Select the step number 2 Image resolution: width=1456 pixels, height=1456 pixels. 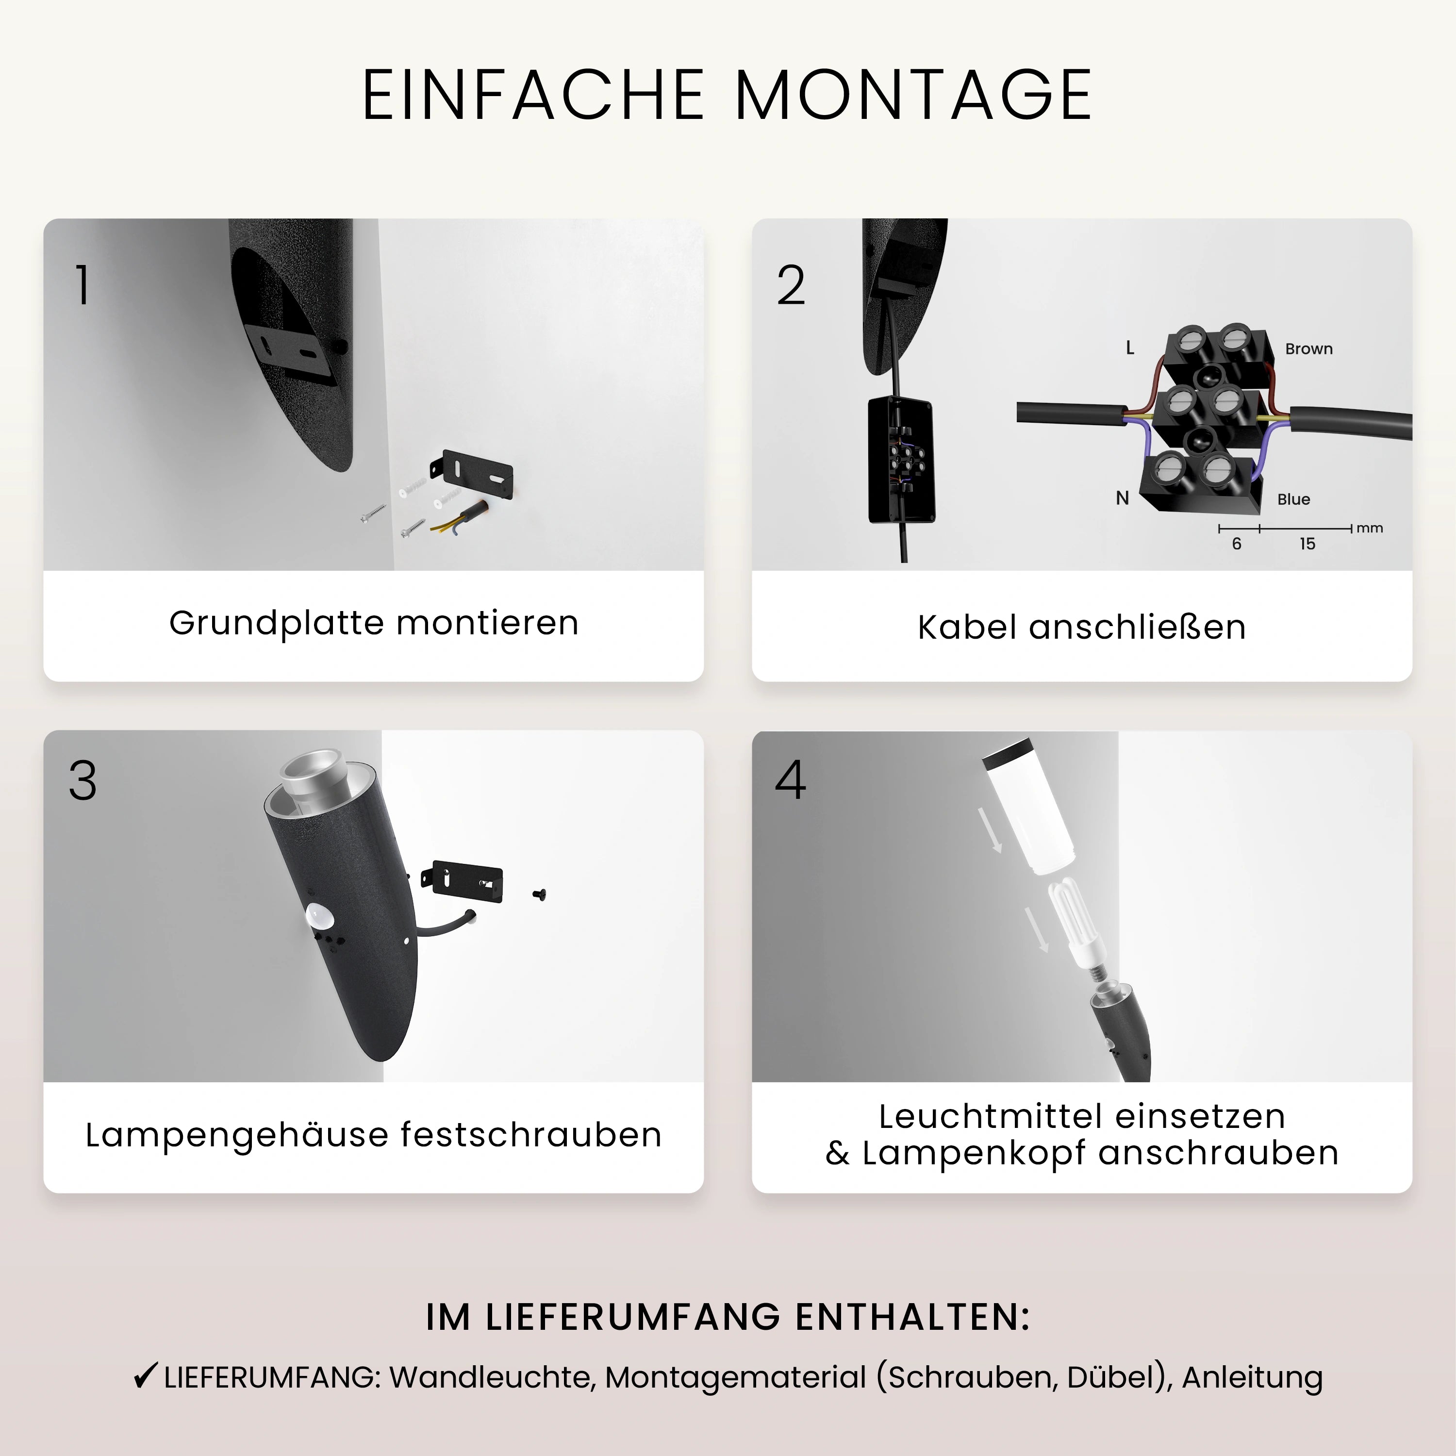pyautogui.click(x=791, y=286)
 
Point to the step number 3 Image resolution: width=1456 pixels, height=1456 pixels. pyautogui.click(x=83, y=781)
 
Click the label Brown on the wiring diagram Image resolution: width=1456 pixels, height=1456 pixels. pyautogui.click(x=1308, y=349)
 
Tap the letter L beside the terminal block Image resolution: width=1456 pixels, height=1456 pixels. pyautogui.click(x=1130, y=347)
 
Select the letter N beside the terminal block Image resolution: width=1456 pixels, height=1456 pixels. pyautogui.click(x=1122, y=498)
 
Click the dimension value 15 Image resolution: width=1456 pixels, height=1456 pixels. pyautogui.click(x=1307, y=544)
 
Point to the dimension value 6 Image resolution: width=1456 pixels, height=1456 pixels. pyautogui.click(x=1237, y=544)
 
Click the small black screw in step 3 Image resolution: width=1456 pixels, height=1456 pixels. pyautogui.click(x=539, y=894)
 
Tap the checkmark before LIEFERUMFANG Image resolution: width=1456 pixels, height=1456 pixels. pyautogui.click(x=145, y=1375)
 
